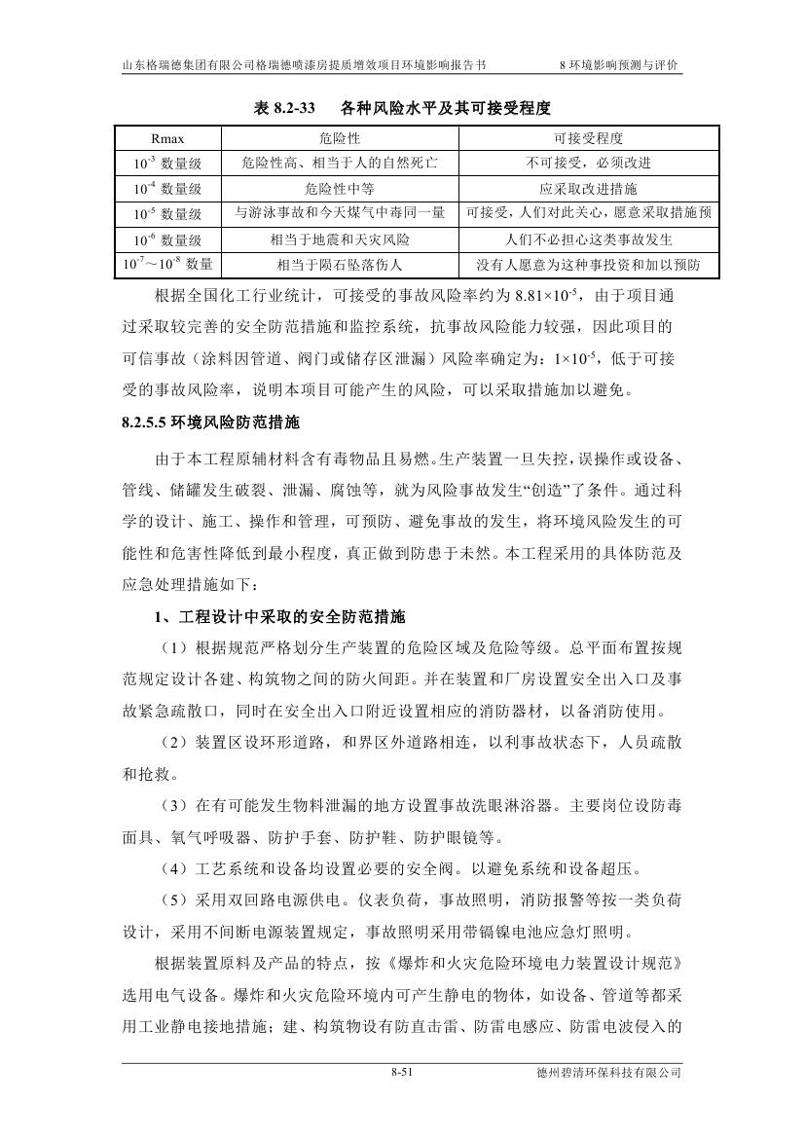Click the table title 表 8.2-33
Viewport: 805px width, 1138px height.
pyautogui.click(x=289, y=107)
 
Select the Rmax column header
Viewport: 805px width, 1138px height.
pyautogui.click(x=167, y=138)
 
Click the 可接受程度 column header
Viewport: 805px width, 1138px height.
pyautogui.click(x=588, y=138)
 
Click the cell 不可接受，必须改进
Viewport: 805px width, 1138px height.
pyautogui.click(x=588, y=164)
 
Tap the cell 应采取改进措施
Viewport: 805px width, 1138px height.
pyautogui.click(x=588, y=189)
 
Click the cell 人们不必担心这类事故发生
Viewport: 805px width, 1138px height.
pyautogui.click(x=588, y=239)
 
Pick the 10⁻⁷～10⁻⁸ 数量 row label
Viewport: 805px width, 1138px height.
pyautogui.click(x=167, y=264)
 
